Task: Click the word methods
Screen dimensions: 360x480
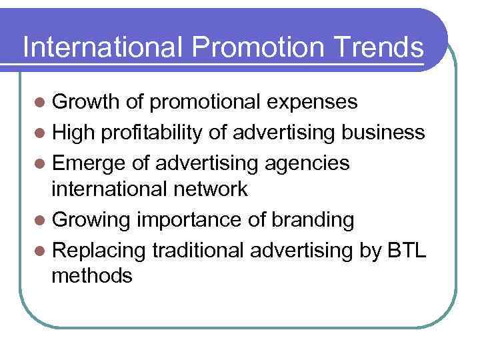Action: click(92, 275)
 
